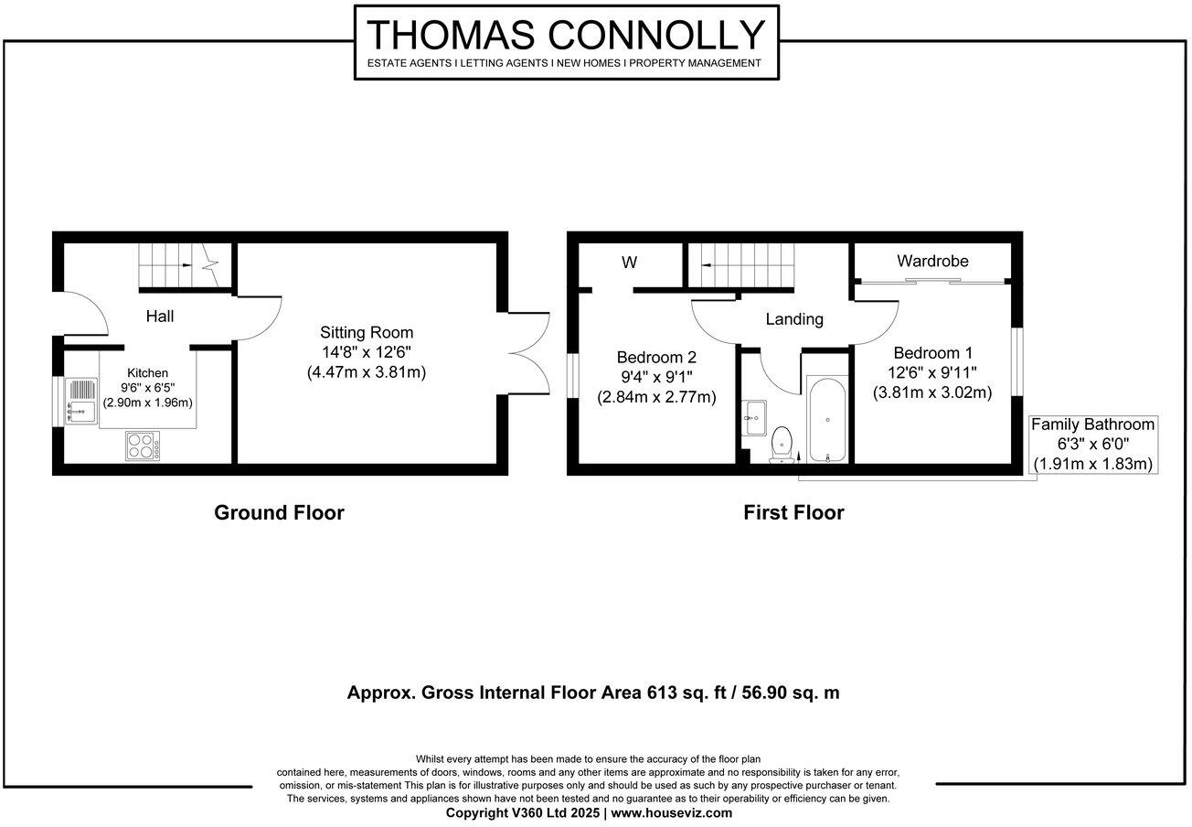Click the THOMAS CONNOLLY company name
point(566,35)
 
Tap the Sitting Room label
point(366,333)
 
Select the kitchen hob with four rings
point(143,446)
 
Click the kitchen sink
point(81,410)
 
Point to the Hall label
point(160,317)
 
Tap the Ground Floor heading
point(279,512)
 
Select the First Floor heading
point(793,512)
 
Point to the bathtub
point(827,420)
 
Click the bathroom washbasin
point(754,417)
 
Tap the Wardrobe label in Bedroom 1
point(931,262)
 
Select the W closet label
point(629,263)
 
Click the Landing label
point(794,319)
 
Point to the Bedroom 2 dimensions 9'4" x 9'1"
point(655,377)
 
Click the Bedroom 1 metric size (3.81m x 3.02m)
point(932,392)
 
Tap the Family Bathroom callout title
point(1092,424)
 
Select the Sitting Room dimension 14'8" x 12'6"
point(366,353)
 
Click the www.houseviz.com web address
point(671,812)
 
